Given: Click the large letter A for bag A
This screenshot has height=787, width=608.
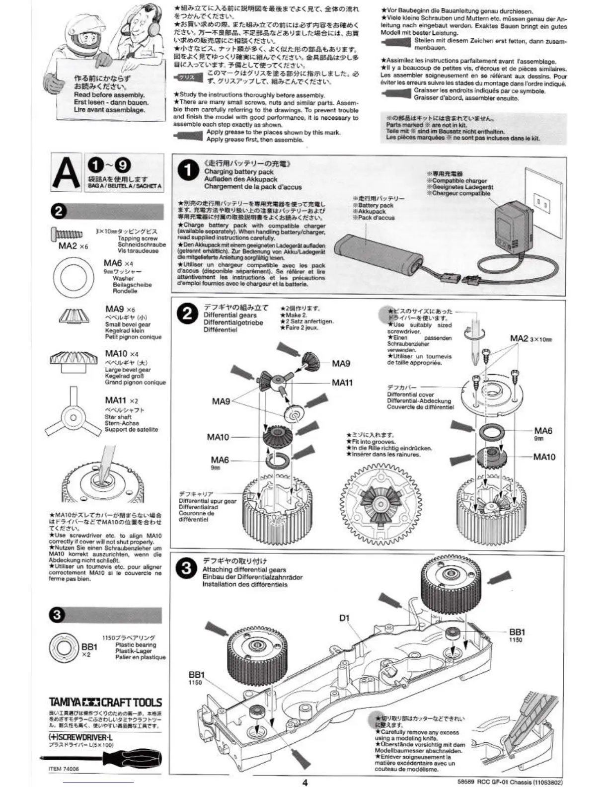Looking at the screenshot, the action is [x=67, y=173].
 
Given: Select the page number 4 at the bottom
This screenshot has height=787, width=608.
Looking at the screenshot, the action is [x=305, y=782].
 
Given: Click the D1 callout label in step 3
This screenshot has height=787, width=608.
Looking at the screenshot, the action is [x=344, y=618].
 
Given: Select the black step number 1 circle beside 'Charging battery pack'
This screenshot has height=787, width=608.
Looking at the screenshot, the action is [x=188, y=171].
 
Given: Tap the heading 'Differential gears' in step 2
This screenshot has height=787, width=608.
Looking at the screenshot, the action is [x=230, y=315].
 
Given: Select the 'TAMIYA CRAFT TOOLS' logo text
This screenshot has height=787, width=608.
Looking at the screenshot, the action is [x=105, y=703].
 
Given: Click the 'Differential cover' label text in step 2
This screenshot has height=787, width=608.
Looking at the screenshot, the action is [x=410, y=394].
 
